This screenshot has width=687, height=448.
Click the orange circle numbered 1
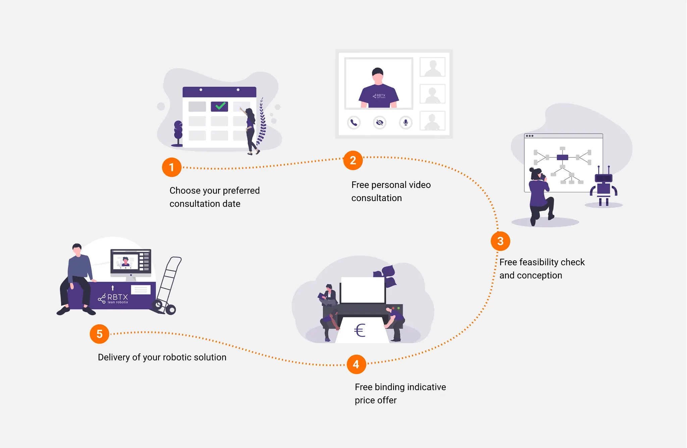click(x=171, y=167)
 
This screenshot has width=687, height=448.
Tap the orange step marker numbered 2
click(x=353, y=161)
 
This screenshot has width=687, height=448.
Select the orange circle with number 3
click(x=500, y=241)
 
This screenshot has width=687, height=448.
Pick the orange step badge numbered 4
click(x=356, y=364)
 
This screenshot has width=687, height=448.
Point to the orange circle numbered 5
click(x=100, y=334)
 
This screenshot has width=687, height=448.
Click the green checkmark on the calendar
click(x=220, y=106)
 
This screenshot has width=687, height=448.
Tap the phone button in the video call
click(x=354, y=122)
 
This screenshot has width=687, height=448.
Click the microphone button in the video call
click(x=406, y=122)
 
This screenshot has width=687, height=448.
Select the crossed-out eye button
click(x=379, y=122)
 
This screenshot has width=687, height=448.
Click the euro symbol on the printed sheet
click(x=360, y=330)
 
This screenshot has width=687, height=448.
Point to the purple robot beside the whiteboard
click(x=603, y=186)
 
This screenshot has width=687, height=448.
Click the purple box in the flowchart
click(x=562, y=157)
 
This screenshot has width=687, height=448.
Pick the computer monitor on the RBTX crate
click(x=131, y=262)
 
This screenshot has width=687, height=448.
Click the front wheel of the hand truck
click(x=171, y=310)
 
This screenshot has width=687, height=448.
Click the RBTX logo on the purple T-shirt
click(x=379, y=96)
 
